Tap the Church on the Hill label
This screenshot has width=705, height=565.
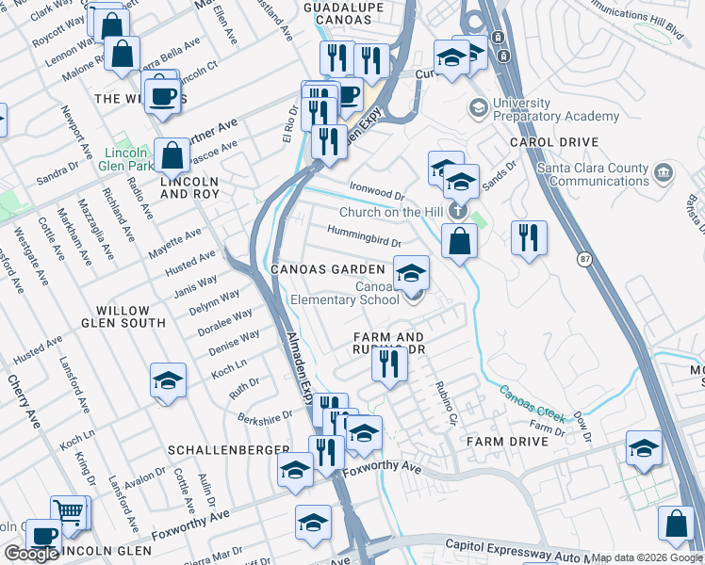[x=390, y=213]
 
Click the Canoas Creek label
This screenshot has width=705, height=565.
[x=532, y=403]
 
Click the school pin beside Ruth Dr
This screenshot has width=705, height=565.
[x=168, y=380]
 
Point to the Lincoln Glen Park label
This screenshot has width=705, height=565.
[x=129, y=159]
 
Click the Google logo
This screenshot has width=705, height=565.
[x=31, y=555]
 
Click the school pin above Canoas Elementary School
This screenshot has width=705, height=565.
[x=411, y=273]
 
